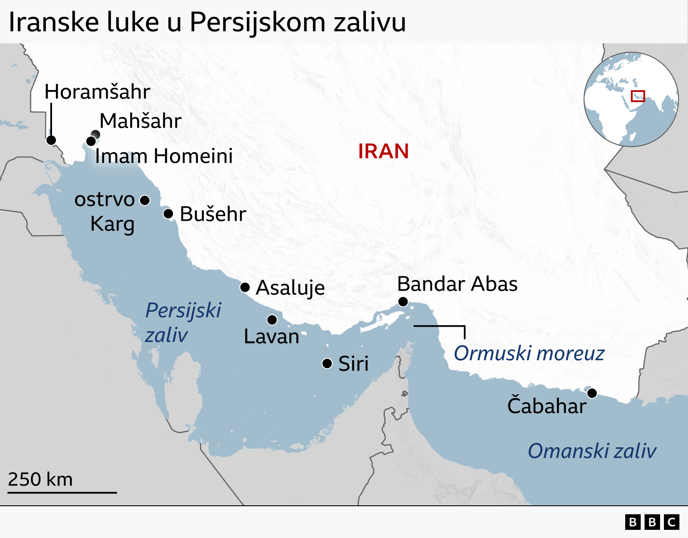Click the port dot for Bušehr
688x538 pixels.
tap(168, 214)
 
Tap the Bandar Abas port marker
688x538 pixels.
tap(403, 302)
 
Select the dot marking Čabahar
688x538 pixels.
tap(592, 393)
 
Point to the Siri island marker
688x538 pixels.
tap(327, 364)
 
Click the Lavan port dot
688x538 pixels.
tap(272, 320)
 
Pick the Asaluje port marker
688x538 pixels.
tap(245, 287)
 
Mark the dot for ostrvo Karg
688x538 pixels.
tap(145, 200)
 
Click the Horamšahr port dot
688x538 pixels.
tap(51, 140)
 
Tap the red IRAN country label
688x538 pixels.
tap(383, 151)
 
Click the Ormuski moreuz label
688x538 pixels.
tap(529, 353)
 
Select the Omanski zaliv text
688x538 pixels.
tap(592, 451)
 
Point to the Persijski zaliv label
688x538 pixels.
tap(183, 322)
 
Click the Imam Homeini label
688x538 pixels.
tap(164, 156)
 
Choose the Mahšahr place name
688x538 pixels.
tap(141, 121)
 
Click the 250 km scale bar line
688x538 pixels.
tap(62, 492)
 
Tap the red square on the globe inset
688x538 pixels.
tap(638, 96)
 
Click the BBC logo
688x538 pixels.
tap(652, 522)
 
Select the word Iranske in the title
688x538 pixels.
tap(53, 22)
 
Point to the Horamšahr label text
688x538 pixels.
tap(97, 92)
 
